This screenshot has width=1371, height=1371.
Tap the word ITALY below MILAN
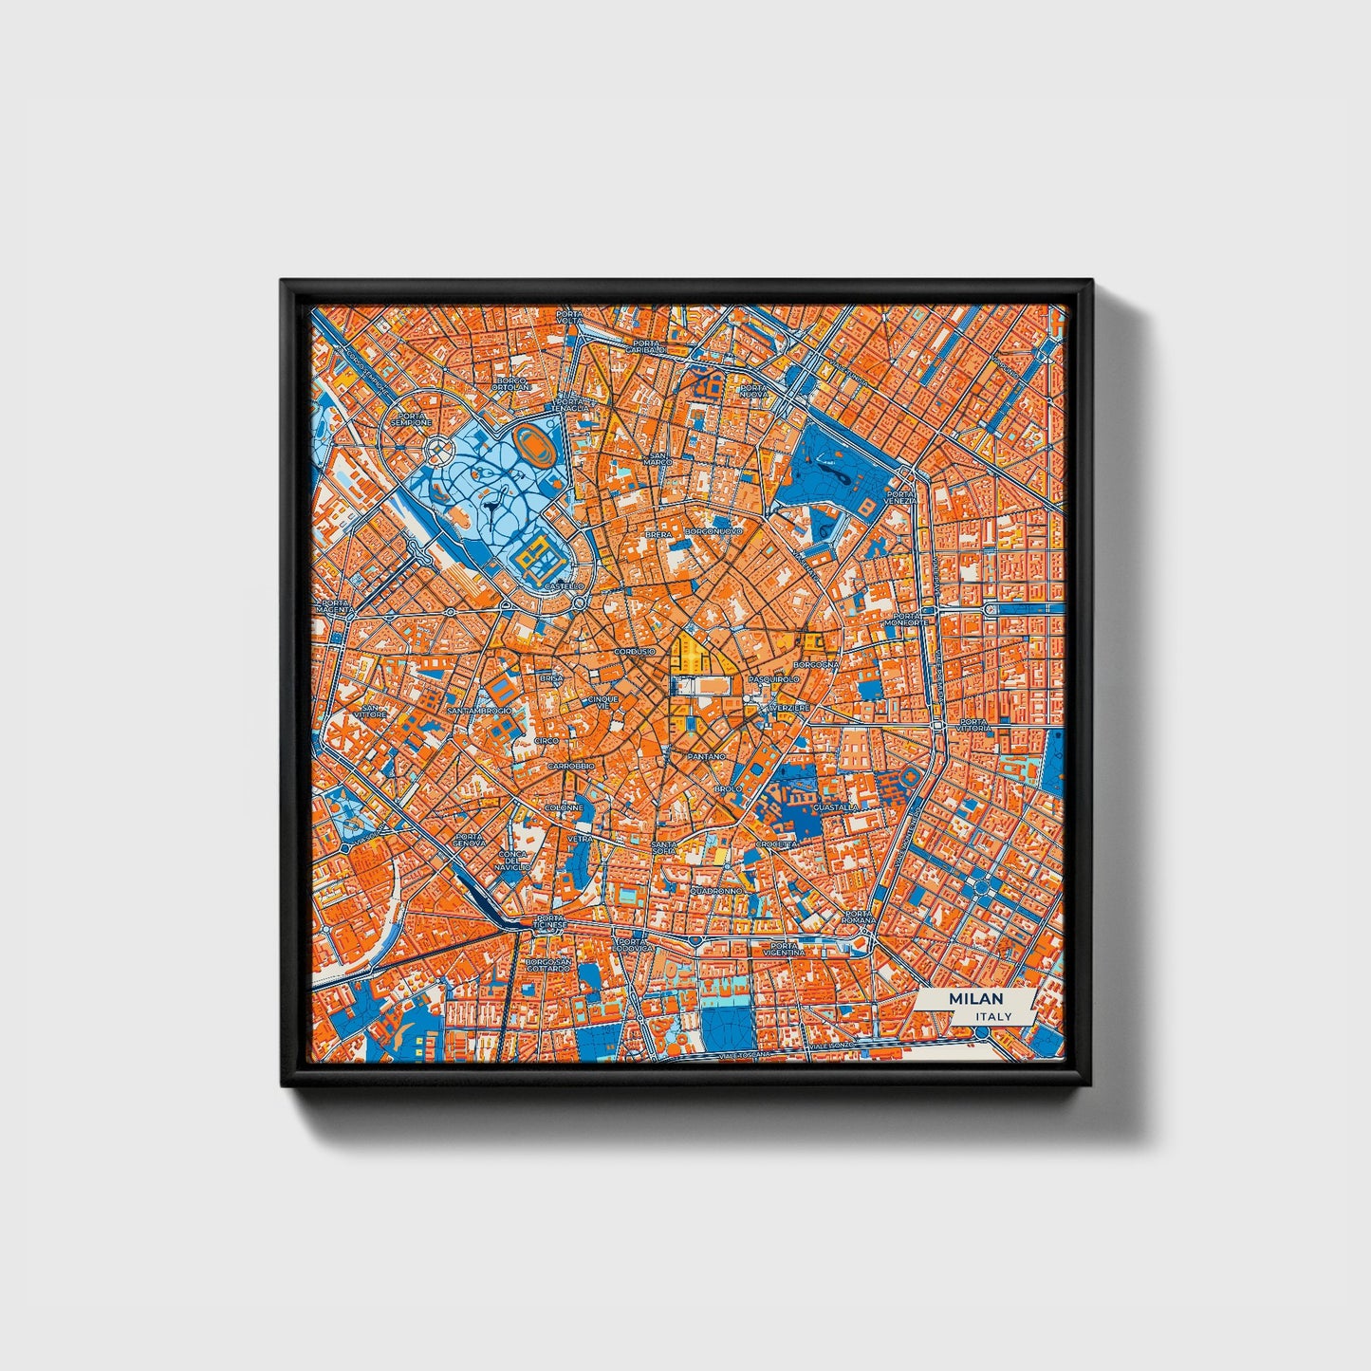tap(992, 1016)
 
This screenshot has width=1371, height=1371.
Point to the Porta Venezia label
tap(901, 497)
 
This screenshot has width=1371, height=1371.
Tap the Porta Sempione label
tap(415, 418)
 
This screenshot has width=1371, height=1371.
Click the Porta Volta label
tap(570, 317)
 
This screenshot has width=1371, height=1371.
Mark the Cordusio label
tap(634, 652)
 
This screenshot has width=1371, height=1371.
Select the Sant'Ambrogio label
tap(480, 710)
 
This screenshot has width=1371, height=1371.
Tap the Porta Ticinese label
tap(550, 921)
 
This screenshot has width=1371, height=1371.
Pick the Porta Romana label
tap(858, 917)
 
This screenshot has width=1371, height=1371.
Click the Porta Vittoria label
tap(974, 725)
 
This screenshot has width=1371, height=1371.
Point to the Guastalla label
tap(836, 807)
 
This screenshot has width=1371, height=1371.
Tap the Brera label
tap(658, 535)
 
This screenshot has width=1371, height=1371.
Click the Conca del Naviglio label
tap(513, 860)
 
